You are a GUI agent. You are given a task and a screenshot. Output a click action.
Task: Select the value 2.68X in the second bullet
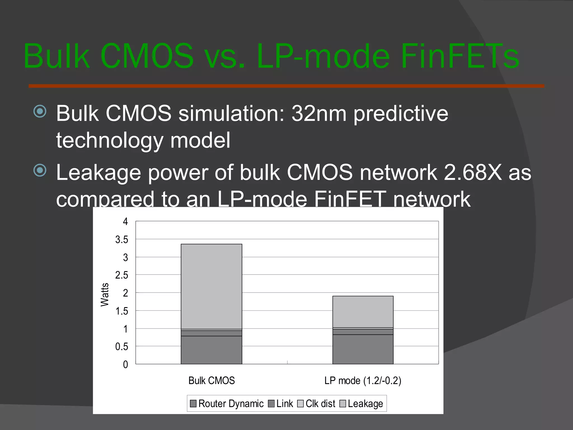pos(473,172)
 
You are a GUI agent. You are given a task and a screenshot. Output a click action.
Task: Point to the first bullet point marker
pos(40,111)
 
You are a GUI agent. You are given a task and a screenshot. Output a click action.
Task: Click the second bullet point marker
pos(40,170)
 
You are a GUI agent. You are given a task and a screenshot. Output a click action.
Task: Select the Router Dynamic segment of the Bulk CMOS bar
pos(212,350)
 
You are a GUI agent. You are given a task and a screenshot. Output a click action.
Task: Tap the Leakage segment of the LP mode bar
pos(363,312)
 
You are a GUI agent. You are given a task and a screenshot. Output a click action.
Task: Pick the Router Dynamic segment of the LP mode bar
pos(363,349)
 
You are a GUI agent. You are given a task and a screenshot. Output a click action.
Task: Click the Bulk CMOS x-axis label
pos(212,381)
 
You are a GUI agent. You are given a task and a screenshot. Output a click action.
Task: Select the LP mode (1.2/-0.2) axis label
pos(363,381)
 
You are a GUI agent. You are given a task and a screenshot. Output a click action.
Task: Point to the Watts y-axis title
pos(105,295)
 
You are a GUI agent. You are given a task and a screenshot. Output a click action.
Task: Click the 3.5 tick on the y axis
pos(122,240)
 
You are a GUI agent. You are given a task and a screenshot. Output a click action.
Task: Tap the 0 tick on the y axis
pos(125,364)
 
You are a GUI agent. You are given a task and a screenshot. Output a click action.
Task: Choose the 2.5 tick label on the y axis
pos(122,275)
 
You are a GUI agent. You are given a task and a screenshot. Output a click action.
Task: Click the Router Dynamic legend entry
pos(227,404)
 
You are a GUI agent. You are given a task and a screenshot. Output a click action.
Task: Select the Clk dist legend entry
pos(316,404)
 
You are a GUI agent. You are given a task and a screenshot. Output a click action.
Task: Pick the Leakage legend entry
pos(361,404)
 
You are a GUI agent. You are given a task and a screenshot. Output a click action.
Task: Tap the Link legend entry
pos(281,404)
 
